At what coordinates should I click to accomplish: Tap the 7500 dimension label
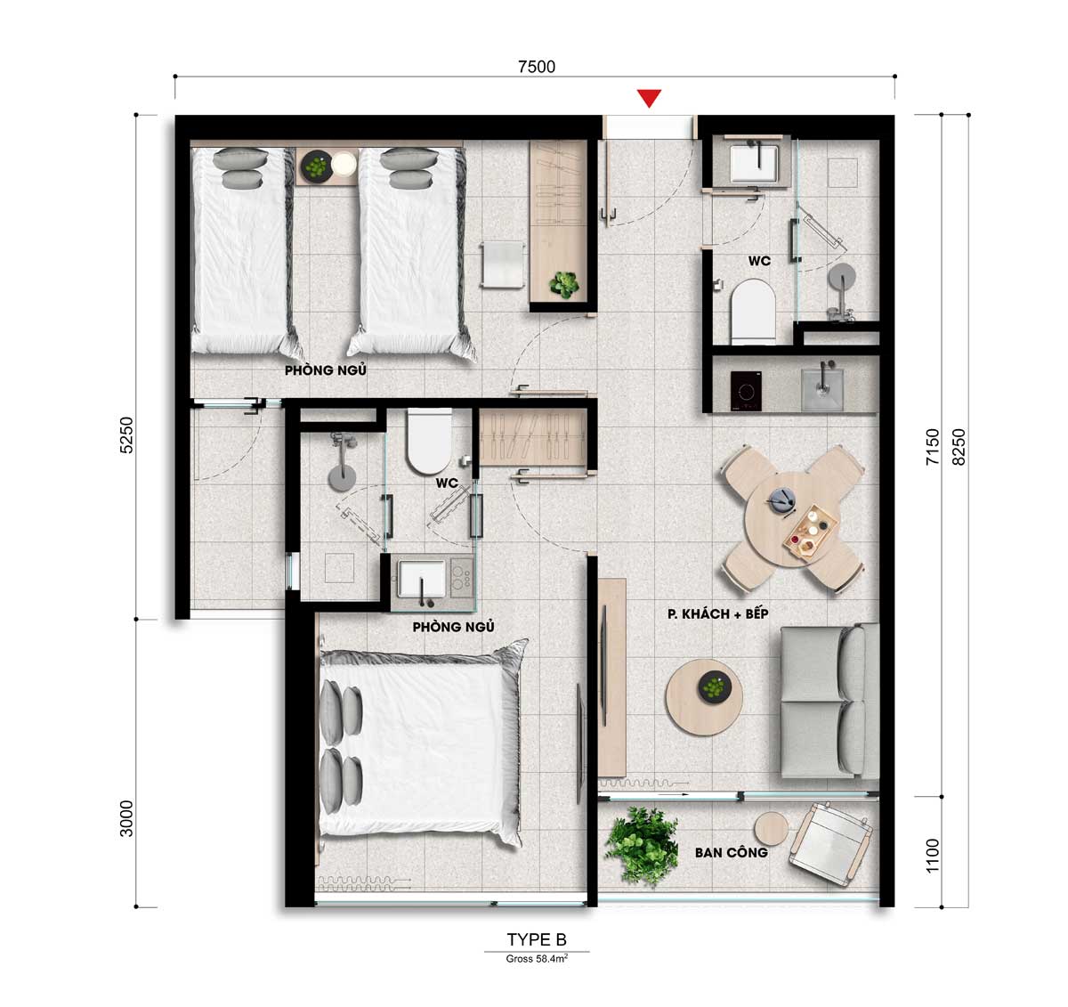pos(536,67)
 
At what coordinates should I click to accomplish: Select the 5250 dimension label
pos(125,434)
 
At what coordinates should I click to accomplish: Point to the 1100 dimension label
pos(932,856)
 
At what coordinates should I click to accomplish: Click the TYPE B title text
pos(536,939)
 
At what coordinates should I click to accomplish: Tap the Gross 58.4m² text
pos(536,959)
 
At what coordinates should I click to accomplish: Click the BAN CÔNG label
pos(731,852)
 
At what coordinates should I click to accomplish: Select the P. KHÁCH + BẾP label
pos(718,613)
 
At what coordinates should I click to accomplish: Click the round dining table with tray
pos(791,519)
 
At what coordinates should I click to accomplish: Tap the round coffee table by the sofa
pos(705,697)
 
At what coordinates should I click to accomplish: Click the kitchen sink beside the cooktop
pos(821,388)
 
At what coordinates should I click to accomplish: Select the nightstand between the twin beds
pos(328,166)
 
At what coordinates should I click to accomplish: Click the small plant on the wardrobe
pos(563,284)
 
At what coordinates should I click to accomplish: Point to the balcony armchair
pos(831,847)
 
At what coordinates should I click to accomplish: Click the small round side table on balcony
pos(771,830)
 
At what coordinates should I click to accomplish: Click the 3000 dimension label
pos(125,818)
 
